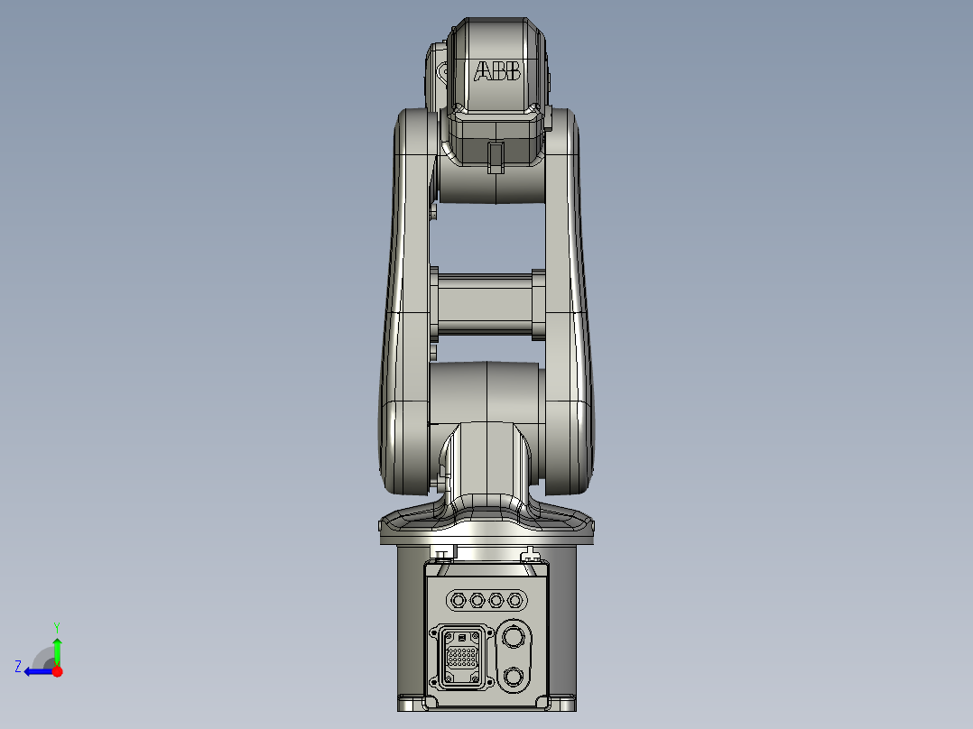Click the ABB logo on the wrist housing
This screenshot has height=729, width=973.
(x=497, y=71)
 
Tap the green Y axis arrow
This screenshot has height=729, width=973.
(x=57, y=650)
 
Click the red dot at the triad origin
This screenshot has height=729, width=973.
(x=58, y=671)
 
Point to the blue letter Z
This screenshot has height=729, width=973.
(x=18, y=667)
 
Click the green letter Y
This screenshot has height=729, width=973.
(x=57, y=626)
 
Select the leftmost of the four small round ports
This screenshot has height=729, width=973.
(x=457, y=599)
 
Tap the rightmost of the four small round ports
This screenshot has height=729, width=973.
(x=515, y=599)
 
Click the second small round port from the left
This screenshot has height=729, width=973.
(x=477, y=599)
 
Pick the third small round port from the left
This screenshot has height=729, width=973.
(x=496, y=599)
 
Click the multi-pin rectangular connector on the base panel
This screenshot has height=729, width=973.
(x=463, y=655)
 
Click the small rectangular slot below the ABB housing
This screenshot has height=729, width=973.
(x=495, y=156)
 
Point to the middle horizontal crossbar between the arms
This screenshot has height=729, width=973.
(x=487, y=303)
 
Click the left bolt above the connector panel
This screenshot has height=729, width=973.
(x=441, y=553)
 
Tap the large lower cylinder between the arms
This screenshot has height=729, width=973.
(x=486, y=392)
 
